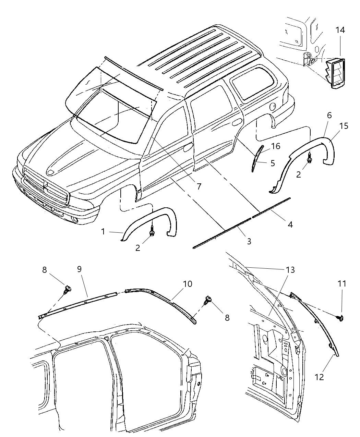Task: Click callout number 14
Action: point(340,31)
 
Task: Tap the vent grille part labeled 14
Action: point(333,74)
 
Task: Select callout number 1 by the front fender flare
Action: point(103,232)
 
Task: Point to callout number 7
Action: point(199,186)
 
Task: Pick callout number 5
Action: point(273,163)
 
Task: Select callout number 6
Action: point(329,116)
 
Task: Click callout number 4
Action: point(290,224)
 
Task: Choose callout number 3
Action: point(249,241)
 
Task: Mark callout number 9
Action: point(79,269)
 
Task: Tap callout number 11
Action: point(342,284)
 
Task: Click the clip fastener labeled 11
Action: point(341,318)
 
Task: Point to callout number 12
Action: point(319,377)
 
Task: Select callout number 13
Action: point(290,270)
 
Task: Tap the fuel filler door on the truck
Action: point(273,106)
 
